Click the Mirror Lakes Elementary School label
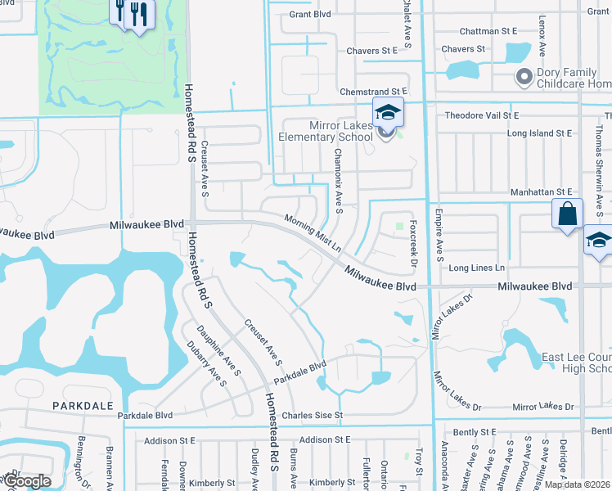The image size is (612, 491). click(330, 131)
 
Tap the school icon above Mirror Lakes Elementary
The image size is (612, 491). click(388, 113)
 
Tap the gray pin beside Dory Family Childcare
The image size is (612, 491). click(524, 77)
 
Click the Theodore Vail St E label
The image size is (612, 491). click(482, 116)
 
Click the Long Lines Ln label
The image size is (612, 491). click(477, 268)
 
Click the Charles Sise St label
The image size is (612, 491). click(311, 416)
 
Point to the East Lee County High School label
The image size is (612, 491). click(577, 363)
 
